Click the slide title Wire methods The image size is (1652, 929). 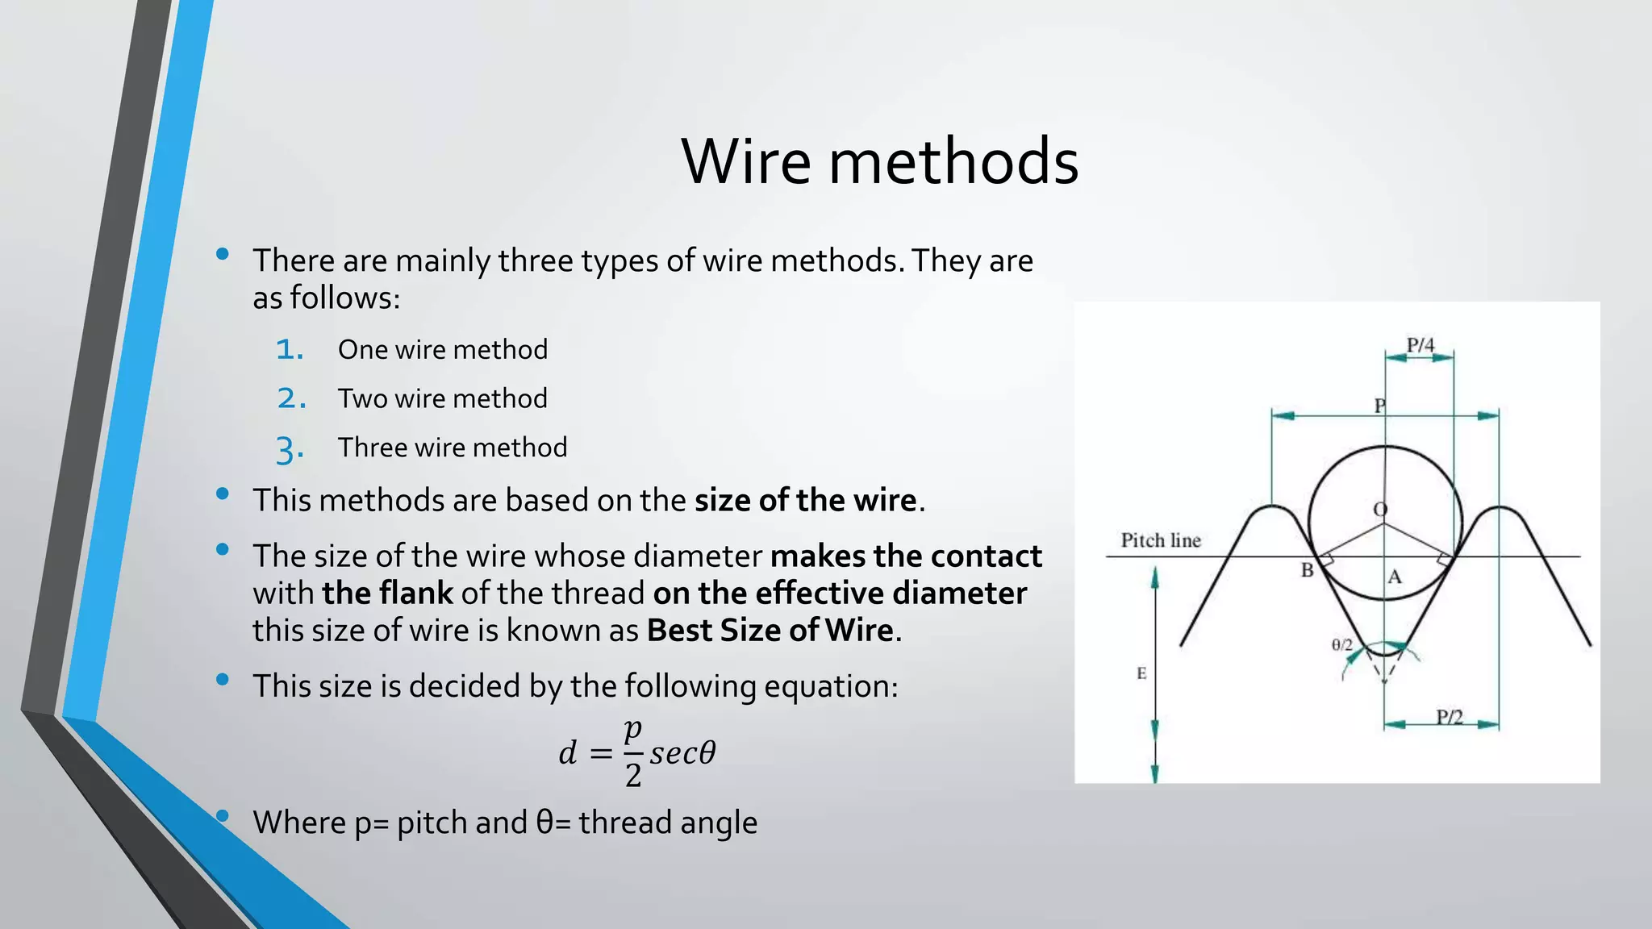pos(879,161)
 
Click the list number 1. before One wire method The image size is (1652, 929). pos(290,350)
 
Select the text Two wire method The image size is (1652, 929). pos(442,398)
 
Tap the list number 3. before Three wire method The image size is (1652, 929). pos(290,448)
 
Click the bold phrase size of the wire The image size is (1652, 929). pos(805,501)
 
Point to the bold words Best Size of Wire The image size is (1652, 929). pos(770,631)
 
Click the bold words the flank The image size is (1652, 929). pos(387,594)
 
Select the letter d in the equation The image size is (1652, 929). pos(568,753)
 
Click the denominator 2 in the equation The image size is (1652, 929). pos(633,776)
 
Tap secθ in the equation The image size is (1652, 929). pos(682,753)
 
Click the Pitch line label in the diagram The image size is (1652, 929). pos(1160,540)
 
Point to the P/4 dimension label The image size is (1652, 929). pos(1420,345)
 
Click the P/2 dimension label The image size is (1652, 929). pos(1450,716)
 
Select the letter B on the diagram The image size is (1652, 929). pos(1307,571)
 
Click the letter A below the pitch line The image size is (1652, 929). pos(1395,577)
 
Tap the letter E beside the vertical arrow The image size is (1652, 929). pos(1141,673)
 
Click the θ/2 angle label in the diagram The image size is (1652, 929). pos(1341,644)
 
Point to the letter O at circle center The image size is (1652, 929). pos(1380,509)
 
